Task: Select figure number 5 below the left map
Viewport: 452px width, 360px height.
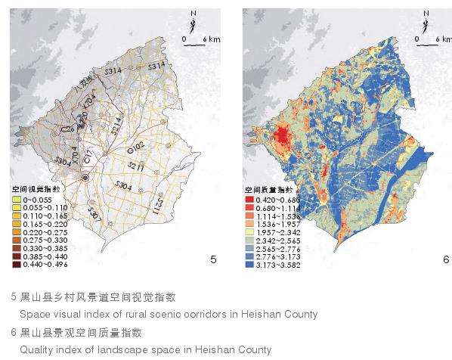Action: [x=213, y=259]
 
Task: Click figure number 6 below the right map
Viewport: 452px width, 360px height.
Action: [x=445, y=259]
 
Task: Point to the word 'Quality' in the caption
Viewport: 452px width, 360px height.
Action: [x=36, y=350]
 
